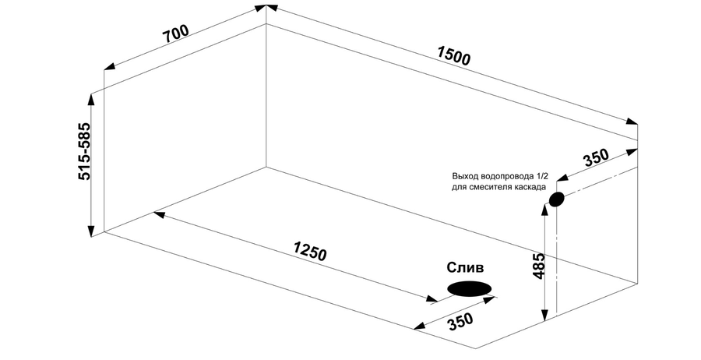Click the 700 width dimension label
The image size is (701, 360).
(x=176, y=34)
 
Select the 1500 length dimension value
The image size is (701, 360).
(x=454, y=56)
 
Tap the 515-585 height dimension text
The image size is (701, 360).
(x=84, y=151)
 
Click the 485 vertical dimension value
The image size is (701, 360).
(x=539, y=266)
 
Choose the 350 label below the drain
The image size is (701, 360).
(x=460, y=321)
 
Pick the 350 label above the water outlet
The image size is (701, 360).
(x=596, y=157)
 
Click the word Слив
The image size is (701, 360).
(x=466, y=268)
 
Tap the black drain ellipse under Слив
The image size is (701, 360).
(x=470, y=288)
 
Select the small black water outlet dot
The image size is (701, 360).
(x=556, y=199)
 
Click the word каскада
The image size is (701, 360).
(x=528, y=187)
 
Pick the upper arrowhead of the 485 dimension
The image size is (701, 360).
(x=544, y=212)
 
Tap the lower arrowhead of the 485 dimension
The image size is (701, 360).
(x=544, y=315)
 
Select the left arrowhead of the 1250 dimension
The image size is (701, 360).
(x=159, y=214)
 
